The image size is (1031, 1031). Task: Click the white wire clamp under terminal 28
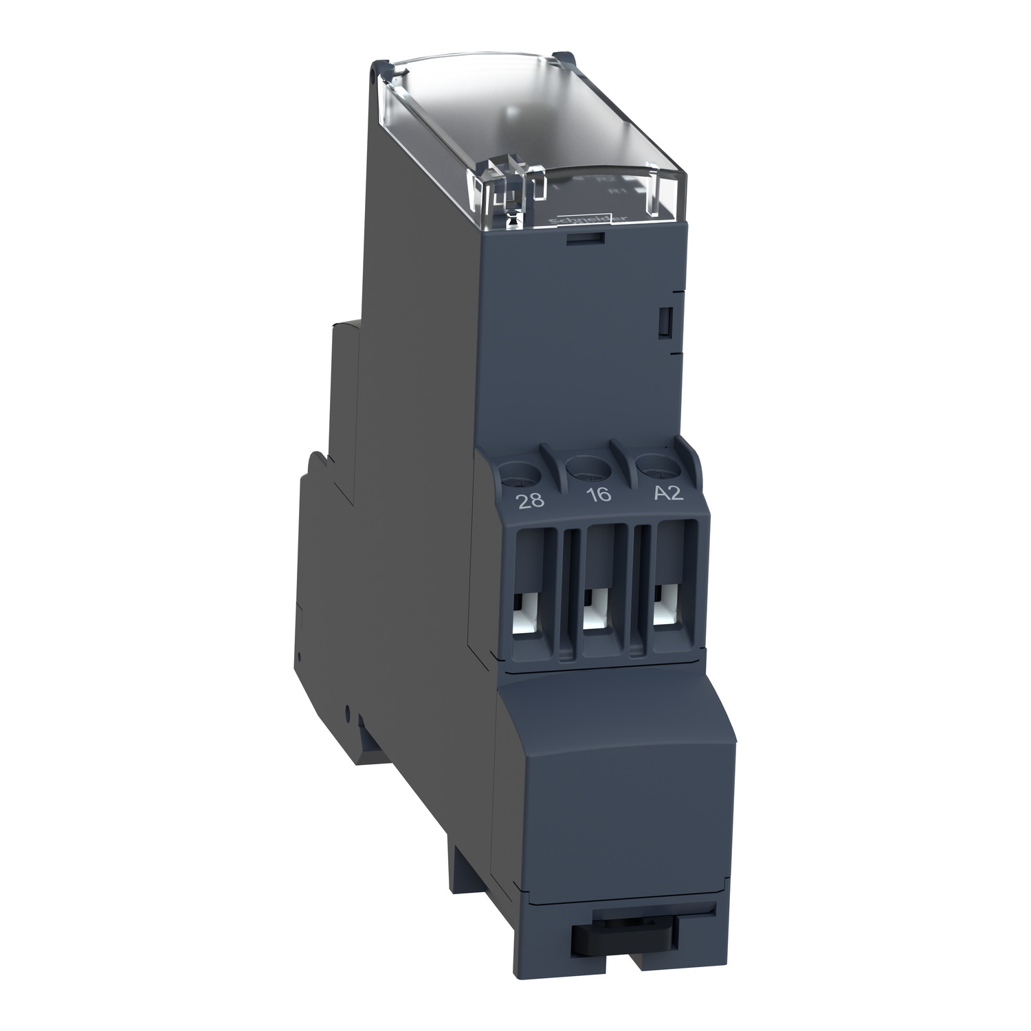[529, 614]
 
